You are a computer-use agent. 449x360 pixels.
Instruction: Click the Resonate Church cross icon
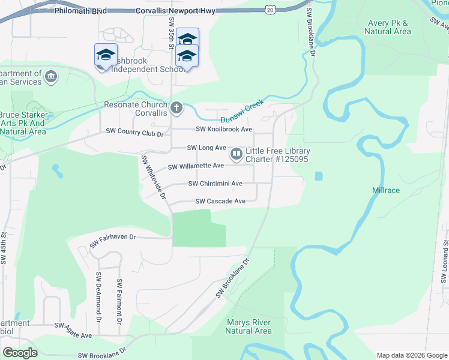[x=176, y=109]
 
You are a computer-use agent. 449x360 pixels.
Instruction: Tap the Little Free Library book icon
[x=237, y=155]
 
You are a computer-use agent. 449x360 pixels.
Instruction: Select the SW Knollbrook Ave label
[x=224, y=130]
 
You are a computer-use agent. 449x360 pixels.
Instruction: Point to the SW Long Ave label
[x=206, y=148]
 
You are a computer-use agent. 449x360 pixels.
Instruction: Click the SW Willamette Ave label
[x=196, y=166]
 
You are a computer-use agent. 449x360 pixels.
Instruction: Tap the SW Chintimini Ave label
[x=215, y=184]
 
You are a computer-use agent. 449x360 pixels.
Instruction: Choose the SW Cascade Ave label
[x=220, y=202]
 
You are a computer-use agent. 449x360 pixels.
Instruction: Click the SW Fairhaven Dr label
[x=113, y=241]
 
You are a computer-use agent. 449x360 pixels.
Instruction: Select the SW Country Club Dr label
[x=134, y=132]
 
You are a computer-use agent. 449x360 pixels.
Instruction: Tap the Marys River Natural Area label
[x=249, y=326]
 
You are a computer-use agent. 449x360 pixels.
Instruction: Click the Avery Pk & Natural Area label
[x=387, y=27]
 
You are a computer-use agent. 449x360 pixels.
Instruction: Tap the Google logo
[x=20, y=352]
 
